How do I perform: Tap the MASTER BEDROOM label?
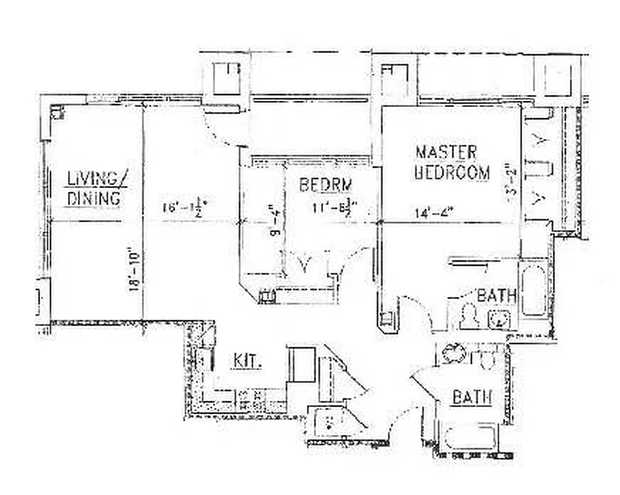[452, 162]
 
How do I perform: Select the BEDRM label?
[326, 185]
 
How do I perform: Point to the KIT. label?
[248, 361]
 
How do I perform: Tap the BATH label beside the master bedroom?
[496, 296]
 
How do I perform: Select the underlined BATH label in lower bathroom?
[471, 398]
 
